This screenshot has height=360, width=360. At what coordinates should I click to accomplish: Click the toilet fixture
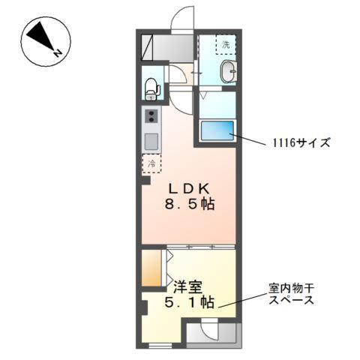click(151, 87)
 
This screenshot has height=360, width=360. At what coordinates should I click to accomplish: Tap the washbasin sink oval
click(227, 73)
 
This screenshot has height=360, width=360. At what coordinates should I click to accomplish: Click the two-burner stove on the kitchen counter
click(151, 116)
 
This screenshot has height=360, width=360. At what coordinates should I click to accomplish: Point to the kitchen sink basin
click(151, 140)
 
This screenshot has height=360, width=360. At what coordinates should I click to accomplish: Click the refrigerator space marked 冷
click(151, 163)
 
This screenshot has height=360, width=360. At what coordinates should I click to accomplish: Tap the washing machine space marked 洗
click(226, 43)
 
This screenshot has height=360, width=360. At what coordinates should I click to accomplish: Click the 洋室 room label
click(188, 287)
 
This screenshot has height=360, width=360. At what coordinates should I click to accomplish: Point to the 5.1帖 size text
click(190, 303)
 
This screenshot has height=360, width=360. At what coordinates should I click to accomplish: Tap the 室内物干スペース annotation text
click(292, 293)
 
